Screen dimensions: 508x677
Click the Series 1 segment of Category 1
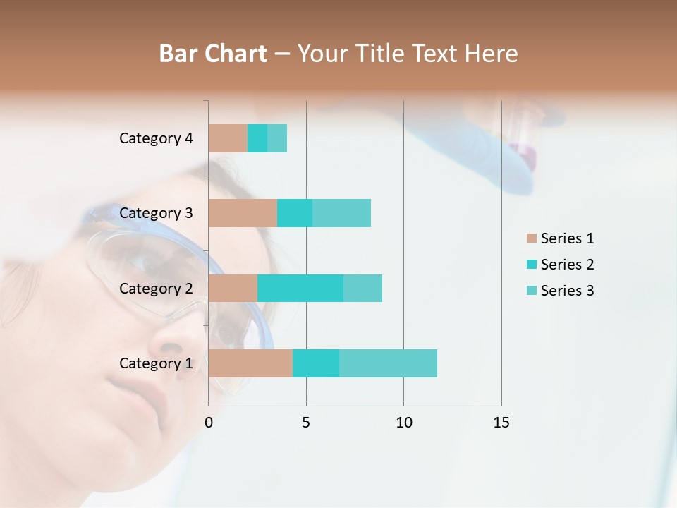pos(250,363)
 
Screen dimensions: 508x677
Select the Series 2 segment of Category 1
pos(316,363)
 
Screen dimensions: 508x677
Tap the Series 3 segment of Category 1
pos(388,363)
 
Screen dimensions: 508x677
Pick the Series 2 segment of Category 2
pos(300,289)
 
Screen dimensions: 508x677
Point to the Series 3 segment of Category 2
pos(362,289)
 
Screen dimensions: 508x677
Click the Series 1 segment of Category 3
pos(243,213)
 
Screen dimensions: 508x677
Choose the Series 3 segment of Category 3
pos(341,213)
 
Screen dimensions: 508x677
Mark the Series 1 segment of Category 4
pos(228,138)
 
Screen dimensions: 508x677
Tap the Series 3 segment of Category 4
pos(277,138)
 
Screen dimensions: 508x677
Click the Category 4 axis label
pos(156,138)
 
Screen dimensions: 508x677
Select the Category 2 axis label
pos(156,289)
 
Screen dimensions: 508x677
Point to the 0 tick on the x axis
pos(209,423)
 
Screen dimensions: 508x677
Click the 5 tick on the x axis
pos(306,423)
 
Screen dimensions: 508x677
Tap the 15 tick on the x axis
pos(501,423)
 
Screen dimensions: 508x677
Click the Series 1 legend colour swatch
pos(531,238)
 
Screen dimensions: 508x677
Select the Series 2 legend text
pos(567,265)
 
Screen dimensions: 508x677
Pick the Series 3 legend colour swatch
pos(531,291)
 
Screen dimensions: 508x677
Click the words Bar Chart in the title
pos(213,54)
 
